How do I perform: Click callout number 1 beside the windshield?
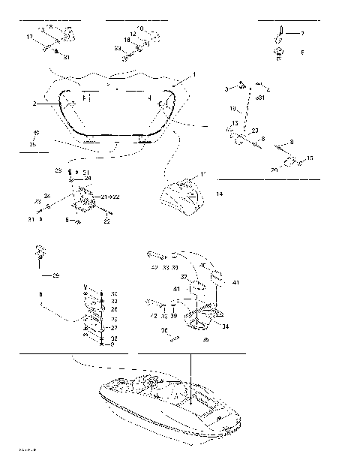pyautogui.click(x=193, y=75)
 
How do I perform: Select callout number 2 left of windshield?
pyautogui.click(x=34, y=104)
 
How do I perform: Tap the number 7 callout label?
pyautogui.click(x=302, y=34)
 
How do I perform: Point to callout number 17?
pyautogui.click(x=29, y=37)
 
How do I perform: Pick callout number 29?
pyautogui.click(x=55, y=276)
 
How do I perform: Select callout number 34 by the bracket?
pyautogui.click(x=226, y=326)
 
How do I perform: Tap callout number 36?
pyautogui.click(x=164, y=329)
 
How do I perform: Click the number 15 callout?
pyautogui.click(x=310, y=158)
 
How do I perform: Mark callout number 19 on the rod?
pyautogui.click(x=232, y=109)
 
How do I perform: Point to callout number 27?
pyautogui.click(x=114, y=328)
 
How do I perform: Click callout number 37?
pyautogui.click(x=183, y=277)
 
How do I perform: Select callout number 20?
pyautogui.click(x=274, y=170)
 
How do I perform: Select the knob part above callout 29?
pyautogui.click(x=38, y=251)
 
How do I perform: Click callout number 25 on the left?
pyautogui.click(x=32, y=143)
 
